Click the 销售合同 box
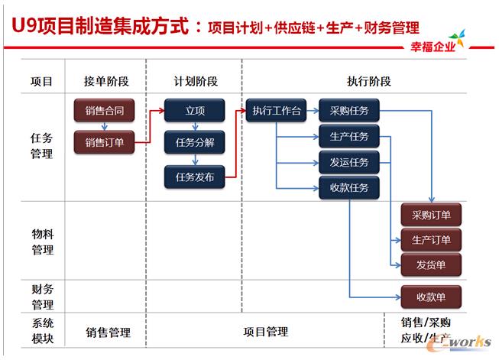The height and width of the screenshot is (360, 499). pos(105,111)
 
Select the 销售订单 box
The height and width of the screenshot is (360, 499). pos(105,141)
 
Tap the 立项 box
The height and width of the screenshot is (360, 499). pos(195,111)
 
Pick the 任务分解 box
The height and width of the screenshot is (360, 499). pos(195,141)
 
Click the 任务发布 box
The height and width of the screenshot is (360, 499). pos(195,177)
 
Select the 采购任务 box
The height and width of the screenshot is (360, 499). pos(349,111)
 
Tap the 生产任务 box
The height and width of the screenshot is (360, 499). pos(349,138)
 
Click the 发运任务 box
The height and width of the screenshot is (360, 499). pos(349,163)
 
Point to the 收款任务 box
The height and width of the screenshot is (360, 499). pos(349,188)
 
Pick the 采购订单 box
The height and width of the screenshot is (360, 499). pos(431,215)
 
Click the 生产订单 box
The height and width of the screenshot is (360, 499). pos(431,240)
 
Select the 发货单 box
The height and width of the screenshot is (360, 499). pos(431,265)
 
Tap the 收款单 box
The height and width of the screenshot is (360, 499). pos(431,297)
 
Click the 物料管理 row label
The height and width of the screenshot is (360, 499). pos(42,239)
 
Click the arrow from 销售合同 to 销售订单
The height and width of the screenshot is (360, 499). pos(105,126)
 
